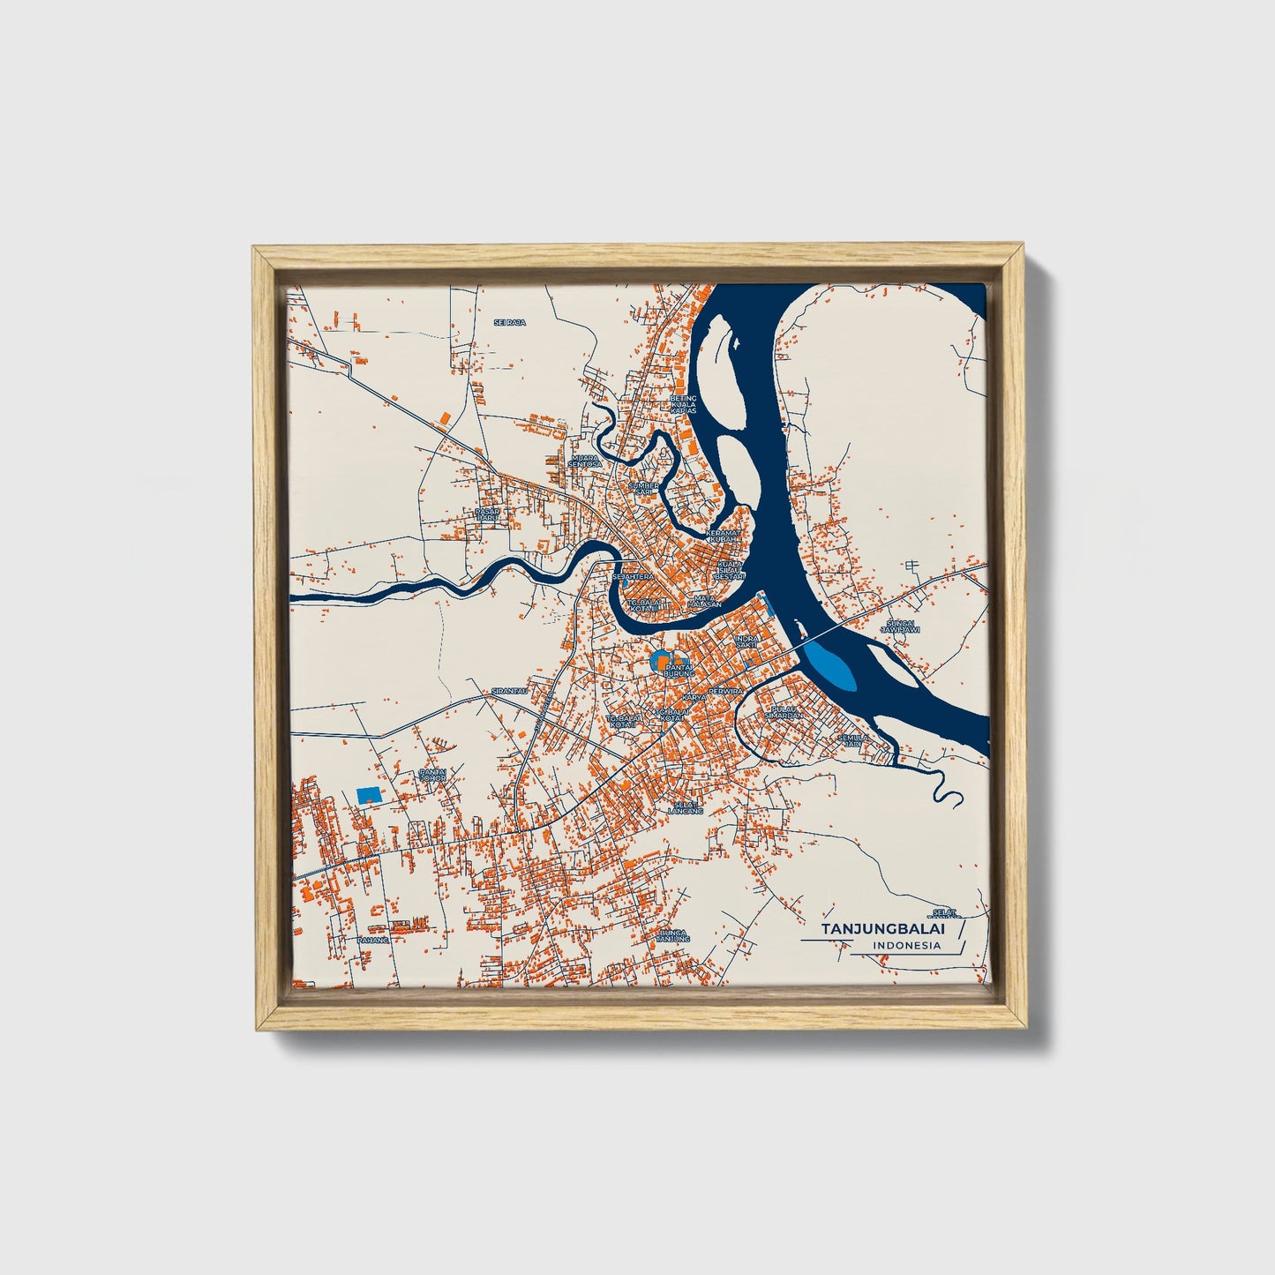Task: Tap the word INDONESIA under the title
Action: coord(906,946)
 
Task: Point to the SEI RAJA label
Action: coord(509,323)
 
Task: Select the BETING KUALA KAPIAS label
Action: coord(683,404)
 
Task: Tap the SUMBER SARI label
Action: coord(643,488)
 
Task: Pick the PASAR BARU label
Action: coord(488,514)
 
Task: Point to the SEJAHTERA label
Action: coord(633,576)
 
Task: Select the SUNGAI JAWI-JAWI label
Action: coord(902,626)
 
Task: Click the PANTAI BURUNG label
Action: coord(680,670)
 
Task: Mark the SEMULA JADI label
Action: coord(852,740)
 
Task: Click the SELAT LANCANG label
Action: coord(685,806)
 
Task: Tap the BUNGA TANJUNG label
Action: coord(673,935)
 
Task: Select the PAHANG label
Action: coord(372,940)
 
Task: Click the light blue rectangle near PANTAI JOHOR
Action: coord(369,794)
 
